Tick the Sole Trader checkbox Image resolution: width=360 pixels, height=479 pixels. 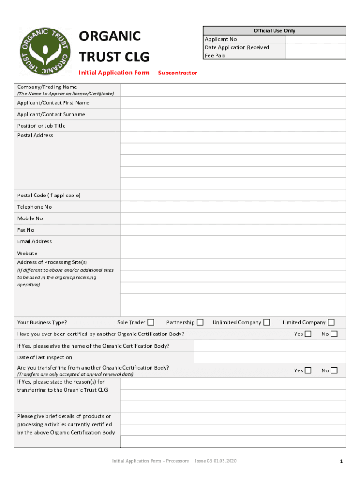click(x=151, y=322)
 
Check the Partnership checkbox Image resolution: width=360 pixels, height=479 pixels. click(x=200, y=322)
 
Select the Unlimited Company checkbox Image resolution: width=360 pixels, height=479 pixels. click(x=266, y=322)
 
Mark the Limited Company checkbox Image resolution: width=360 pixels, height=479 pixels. click(x=331, y=322)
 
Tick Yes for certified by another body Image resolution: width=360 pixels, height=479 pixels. click(x=308, y=334)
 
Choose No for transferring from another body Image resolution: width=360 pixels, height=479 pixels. click(x=334, y=370)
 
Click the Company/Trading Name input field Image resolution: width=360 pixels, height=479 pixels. click(x=233, y=90)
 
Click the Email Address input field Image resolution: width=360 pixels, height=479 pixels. click(x=233, y=241)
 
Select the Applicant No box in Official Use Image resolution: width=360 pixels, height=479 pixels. click(x=316, y=39)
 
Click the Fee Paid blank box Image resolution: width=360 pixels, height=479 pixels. click(x=316, y=55)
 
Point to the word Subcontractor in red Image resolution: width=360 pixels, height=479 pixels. click(x=178, y=73)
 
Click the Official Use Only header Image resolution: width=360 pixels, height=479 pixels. click(x=274, y=31)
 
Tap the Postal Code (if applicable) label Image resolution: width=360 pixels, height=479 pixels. click(x=49, y=195)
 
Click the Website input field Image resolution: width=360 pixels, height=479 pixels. click(x=233, y=253)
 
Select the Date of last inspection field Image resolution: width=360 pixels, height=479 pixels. click(x=270, y=357)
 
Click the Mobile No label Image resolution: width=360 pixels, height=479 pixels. click(x=30, y=218)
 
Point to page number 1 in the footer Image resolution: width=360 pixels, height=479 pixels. click(x=341, y=462)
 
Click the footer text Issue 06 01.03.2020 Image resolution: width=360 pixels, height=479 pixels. click(x=216, y=461)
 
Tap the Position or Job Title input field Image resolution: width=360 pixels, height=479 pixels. click(x=233, y=126)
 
